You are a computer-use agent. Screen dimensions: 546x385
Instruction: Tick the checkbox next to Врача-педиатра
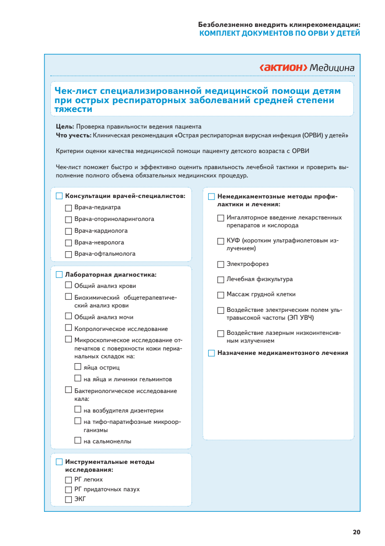(x=68, y=208)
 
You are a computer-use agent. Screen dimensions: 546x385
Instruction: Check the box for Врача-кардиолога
(x=68, y=231)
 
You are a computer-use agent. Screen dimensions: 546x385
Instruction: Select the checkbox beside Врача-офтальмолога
(x=68, y=254)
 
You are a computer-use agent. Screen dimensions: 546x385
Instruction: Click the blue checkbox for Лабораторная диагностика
(x=59, y=275)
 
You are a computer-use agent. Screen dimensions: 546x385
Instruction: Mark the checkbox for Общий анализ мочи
(x=68, y=317)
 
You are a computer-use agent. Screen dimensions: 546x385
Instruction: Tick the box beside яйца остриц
(x=78, y=367)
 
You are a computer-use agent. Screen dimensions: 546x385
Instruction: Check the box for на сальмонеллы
(x=78, y=440)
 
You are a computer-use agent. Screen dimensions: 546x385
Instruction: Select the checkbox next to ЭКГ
(x=68, y=499)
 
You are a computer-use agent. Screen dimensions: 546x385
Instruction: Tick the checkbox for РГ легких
(x=68, y=480)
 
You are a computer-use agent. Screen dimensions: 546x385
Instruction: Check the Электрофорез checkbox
(x=221, y=264)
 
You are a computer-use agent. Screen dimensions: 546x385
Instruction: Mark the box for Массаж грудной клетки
(x=221, y=295)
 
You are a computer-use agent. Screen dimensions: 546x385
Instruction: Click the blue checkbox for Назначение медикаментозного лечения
(x=211, y=353)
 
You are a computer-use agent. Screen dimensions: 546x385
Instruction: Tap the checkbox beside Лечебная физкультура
(x=221, y=280)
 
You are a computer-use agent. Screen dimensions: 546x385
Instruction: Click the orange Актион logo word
(x=283, y=67)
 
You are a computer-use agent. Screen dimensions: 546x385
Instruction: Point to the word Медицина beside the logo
(x=332, y=67)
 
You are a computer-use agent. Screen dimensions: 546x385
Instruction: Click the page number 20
(x=356, y=532)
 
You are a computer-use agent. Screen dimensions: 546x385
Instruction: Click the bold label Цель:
(x=65, y=127)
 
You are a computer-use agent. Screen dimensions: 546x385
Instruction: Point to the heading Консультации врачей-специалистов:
(x=125, y=196)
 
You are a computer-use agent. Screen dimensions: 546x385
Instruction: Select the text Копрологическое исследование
(x=121, y=329)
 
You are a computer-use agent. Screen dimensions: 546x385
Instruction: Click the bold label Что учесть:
(x=73, y=134)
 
